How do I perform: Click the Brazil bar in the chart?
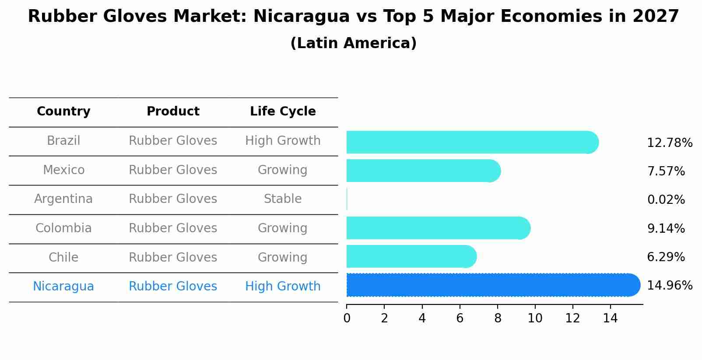(472, 142)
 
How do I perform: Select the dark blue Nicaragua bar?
(493, 285)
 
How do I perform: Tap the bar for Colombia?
(438, 228)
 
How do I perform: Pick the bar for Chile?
(411, 256)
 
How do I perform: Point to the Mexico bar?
(423, 171)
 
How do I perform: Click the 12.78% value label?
(669, 143)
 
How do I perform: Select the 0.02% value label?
(666, 200)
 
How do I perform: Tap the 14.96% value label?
(669, 286)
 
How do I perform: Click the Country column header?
(63, 112)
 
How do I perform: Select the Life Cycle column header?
(283, 112)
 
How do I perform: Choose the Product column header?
(173, 112)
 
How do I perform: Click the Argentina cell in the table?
(63, 199)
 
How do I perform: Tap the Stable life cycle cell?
(283, 199)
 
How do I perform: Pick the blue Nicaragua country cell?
(63, 287)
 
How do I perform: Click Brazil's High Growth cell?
(283, 141)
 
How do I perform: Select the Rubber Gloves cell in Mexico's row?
(173, 170)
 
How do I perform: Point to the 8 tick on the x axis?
(498, 318)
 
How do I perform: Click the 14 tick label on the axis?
(610, 318)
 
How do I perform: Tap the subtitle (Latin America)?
(353, 43)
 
